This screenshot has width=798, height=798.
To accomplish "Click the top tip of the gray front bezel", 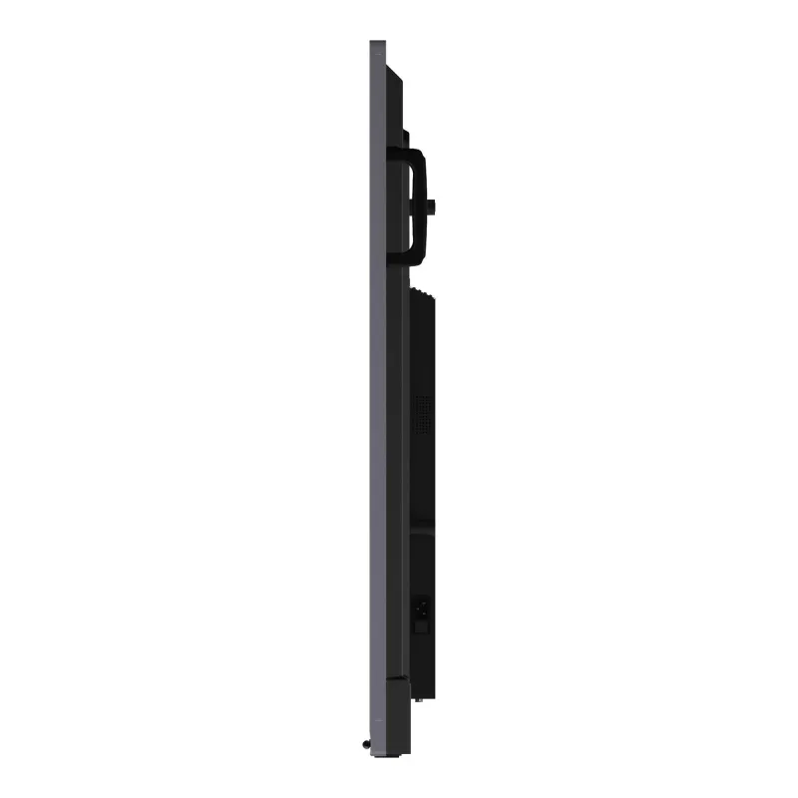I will click(x=376, y=44).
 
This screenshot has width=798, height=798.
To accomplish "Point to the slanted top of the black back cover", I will click(x=394, y=72).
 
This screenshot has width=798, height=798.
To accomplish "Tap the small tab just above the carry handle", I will click(x=407, y=138).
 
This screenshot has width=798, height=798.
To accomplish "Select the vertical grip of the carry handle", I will click(x=419, y=206).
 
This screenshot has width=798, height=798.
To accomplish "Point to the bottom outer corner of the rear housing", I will click(x=435, y=694).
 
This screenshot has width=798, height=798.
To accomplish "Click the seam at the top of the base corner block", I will click(x=395, y=680).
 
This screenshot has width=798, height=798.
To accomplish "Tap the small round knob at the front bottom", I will click(x=366, y=743).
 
